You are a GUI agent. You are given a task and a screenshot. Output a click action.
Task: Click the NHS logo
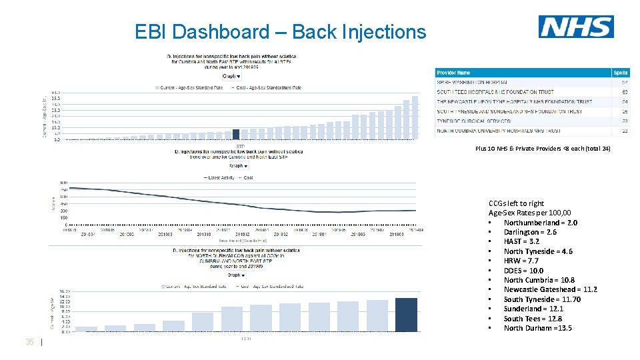576,27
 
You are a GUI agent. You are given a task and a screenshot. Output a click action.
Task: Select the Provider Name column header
453,72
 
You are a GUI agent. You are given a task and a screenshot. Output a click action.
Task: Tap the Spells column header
620,72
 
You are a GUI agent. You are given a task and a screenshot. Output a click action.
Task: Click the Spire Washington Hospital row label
476,82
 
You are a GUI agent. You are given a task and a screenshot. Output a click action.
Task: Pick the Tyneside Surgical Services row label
473,121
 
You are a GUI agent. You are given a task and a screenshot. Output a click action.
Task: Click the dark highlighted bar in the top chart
236,134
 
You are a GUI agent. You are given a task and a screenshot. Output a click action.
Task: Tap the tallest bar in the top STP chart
415,117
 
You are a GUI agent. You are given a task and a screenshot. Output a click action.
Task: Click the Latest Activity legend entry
219,178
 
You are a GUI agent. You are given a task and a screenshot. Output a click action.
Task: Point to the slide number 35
29,342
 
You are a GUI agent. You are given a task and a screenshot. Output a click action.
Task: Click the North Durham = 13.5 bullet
537,328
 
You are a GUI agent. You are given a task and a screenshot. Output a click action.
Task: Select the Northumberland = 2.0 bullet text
540,223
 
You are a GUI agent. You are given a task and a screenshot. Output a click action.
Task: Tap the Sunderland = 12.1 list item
533,309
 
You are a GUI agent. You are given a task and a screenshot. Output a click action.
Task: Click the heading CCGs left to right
516,203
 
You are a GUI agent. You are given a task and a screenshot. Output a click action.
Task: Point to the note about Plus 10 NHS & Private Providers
542,148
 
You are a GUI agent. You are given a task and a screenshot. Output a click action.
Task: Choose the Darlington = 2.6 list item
530,232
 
